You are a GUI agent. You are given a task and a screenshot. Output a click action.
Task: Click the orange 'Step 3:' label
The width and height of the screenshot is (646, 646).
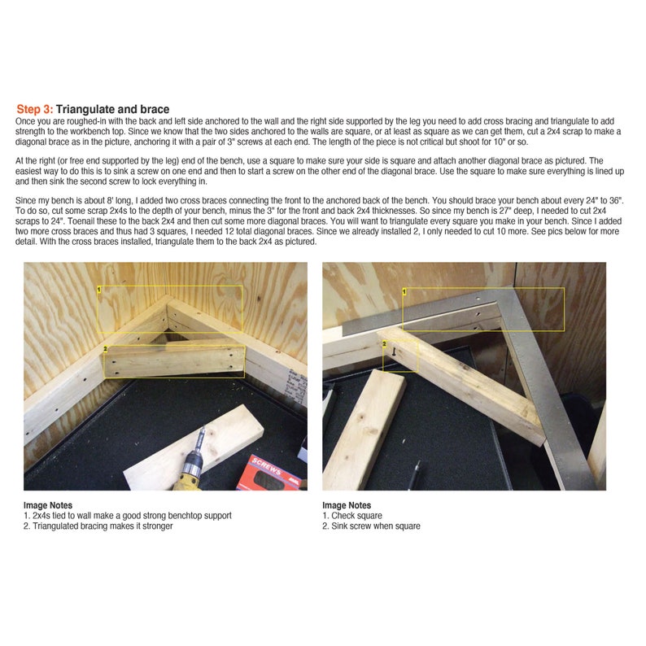coord(35,109)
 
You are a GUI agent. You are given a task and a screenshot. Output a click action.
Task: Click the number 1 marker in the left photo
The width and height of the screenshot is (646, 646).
coord(99,289)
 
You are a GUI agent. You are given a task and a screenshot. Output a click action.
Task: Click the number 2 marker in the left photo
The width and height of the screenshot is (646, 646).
coord(106,349)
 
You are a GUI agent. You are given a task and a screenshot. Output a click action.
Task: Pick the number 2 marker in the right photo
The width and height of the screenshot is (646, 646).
coord(385,344)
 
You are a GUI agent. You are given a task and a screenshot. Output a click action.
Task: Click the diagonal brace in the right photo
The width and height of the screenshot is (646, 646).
coord(472,382)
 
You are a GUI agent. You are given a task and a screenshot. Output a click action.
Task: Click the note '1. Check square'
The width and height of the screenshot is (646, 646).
coord(352,516)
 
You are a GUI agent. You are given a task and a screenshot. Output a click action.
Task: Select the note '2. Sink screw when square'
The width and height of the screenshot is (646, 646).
coord(371,526)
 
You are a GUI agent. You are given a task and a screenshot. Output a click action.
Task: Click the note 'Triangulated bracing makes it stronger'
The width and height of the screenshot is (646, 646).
coord(103,526)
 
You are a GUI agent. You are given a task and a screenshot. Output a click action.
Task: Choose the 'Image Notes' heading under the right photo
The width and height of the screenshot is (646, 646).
coord(347,505)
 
